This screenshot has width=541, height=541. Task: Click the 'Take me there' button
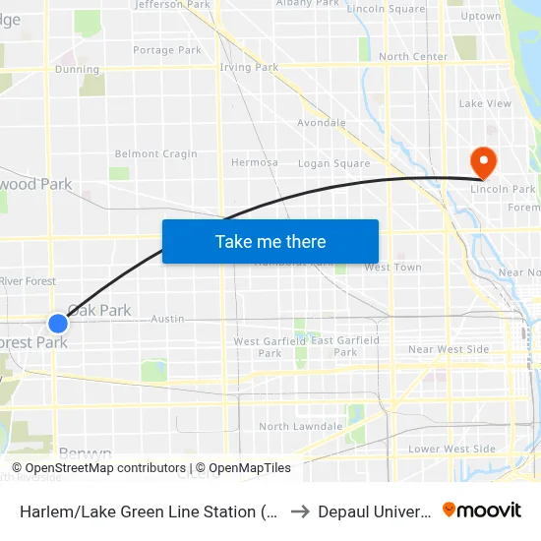270,241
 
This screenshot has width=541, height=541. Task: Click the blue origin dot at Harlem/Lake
58,323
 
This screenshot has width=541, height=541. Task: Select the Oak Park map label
100,310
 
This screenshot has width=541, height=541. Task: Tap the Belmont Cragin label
155,153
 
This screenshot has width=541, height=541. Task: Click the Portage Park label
167,50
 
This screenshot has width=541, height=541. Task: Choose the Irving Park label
249,68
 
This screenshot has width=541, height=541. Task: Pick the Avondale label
322,123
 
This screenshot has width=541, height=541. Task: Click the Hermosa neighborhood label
254,162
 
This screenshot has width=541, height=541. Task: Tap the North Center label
413,56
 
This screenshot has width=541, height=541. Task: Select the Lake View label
485,103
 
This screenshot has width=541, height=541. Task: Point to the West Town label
392,267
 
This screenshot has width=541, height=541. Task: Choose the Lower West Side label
451,449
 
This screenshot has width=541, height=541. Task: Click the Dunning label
78,69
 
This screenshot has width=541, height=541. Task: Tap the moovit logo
482,510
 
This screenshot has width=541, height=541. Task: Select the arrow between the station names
300,511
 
